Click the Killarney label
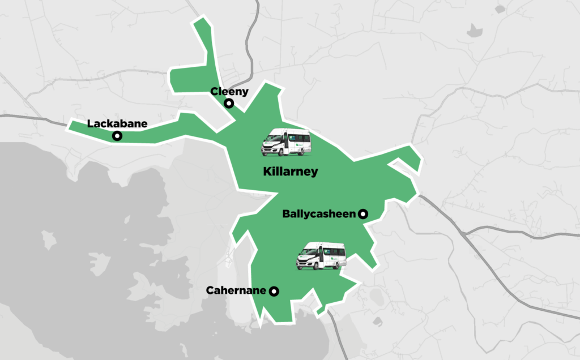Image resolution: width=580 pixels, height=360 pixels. pyautogui.click(x=291, y=172)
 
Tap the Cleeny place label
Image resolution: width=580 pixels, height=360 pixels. pyautogui.click(x=229, y=91)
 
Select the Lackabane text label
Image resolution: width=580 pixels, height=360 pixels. pyautogui.click(x=117, y=123)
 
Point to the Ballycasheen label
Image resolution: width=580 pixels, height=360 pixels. pyautogui.click(x=318, y=214)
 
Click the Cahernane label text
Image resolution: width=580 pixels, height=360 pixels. pyautogui.click(x=236, y=291)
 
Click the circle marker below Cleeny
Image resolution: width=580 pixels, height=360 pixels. pyautogui.click(x=229, y=103)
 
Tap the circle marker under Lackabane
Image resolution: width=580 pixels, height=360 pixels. pyautogui.click(x=117, y=136)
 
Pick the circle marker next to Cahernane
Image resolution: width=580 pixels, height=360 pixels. pyautogui.click(x=274, y=292)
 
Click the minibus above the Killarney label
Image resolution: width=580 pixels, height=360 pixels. pyautogui.click(x=286, y=142)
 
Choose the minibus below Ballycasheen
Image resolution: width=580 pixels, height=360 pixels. pyautogui.click(x=321, y=256)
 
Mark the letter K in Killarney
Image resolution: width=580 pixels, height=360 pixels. pyautogui.click(x=267, y=172)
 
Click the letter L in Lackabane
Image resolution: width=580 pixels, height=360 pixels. pyautogui.click(x=90, y=123)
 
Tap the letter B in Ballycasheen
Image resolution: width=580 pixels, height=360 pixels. pyautogui.click(x=285, y=214)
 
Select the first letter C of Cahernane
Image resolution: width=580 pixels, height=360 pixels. pyautogui.click(x=210, y=291)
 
